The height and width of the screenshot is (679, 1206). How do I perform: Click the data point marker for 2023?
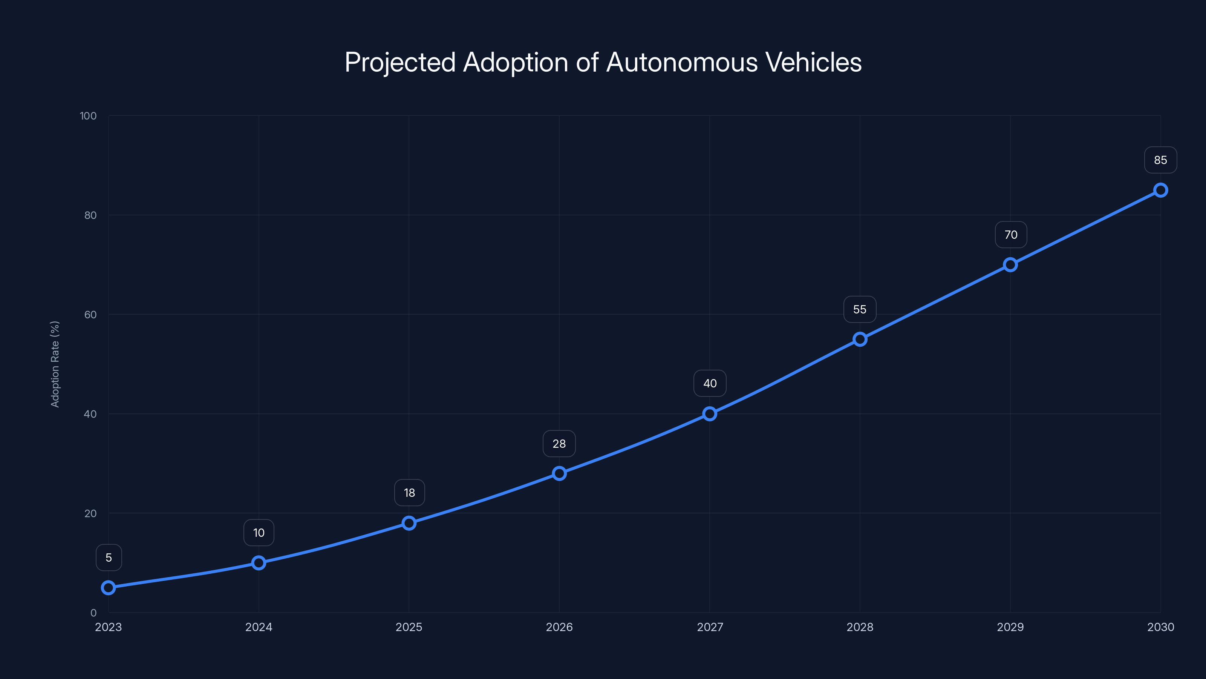coord(108,587)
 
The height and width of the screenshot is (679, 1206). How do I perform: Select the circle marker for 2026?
coord(559,473)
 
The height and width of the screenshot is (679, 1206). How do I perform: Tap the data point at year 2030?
coord(1160,190)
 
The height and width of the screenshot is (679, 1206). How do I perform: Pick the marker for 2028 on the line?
coord(860,339)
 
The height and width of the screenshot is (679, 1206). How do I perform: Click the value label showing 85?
coord(1160,160)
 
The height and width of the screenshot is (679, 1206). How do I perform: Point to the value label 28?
coord(559,444)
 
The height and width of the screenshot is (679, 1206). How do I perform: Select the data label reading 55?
coord(860,309)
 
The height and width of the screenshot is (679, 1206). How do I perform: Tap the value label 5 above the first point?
coord(109,558)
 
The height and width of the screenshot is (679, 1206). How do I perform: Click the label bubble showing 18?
coord(409,493)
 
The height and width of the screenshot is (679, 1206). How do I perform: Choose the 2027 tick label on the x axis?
coord(710,627)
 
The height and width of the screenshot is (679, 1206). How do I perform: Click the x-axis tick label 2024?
coord(259,627)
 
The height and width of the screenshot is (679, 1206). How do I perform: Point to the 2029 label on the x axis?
coord(1010,627)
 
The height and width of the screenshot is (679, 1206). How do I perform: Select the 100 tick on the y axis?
coord(88,116)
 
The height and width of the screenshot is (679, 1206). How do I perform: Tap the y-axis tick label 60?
coord(90,315)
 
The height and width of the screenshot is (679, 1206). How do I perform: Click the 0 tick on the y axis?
coord(93,613)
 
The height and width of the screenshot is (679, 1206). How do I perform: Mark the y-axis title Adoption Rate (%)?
coord(55,364)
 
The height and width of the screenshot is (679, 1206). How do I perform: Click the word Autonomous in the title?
coord(682,62)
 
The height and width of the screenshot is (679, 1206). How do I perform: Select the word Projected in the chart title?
coord(400,62)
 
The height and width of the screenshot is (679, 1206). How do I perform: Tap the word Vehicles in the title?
coord(813,62)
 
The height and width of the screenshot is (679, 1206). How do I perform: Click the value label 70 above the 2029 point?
coord(1011,235)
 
